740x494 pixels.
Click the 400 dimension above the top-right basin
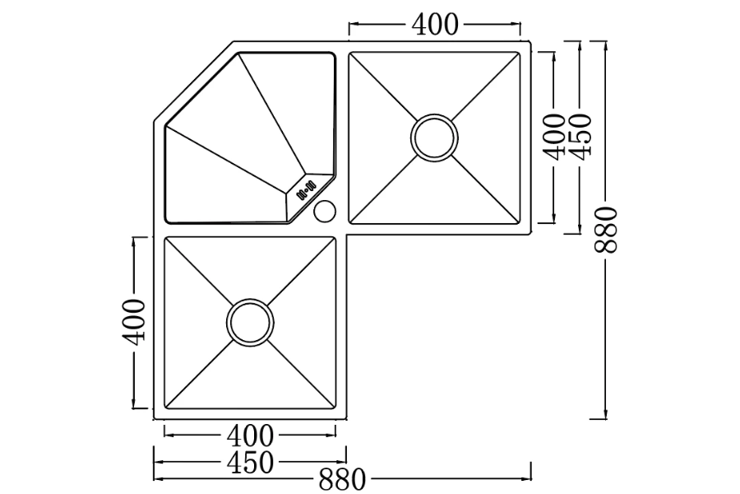(435, 26)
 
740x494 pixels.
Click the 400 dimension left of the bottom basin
(136, 321)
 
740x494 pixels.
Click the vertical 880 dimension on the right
(606, 231)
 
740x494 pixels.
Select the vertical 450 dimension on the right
(580, 137)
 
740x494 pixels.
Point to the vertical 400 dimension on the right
(555, 137)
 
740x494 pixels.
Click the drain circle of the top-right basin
(433, 137)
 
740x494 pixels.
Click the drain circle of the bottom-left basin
(249, 322)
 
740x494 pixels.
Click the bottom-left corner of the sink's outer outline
(155, 419)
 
